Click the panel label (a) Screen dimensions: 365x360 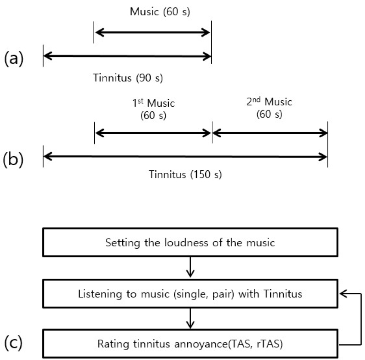point(14,58)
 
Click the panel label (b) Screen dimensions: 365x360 point(13,160)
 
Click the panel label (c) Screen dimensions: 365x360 point(13,343)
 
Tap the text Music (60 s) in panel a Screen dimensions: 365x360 point(160,11)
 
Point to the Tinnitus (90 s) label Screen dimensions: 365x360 point(128,78)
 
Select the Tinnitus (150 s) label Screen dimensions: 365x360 point(185,175)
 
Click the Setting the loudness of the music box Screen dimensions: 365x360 point(190,242)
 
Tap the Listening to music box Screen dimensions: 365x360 point(190,293)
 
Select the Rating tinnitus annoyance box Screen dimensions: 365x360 point(190,344)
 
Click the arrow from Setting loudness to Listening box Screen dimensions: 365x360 point(190,267)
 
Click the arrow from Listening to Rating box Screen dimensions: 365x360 point(190,318)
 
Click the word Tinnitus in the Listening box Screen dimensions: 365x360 point(283,294)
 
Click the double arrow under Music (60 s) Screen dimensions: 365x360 point(153,32)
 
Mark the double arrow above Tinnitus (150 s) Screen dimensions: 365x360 point(185,157)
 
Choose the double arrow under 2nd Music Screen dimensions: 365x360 point(270,133)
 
